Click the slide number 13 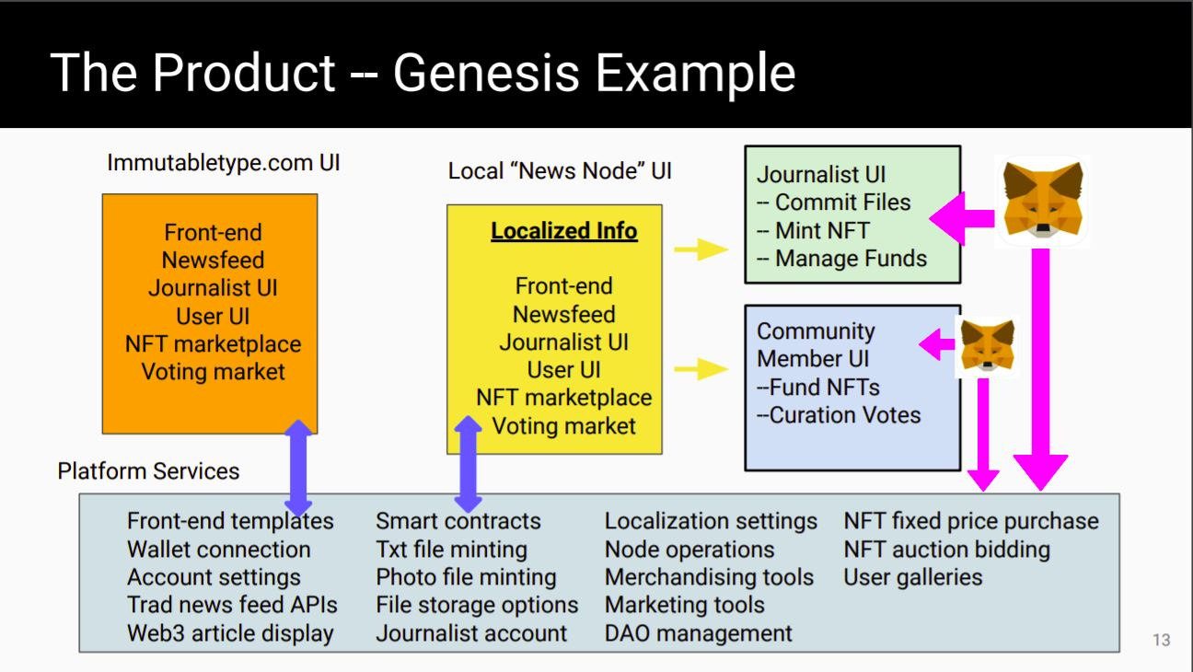1161,640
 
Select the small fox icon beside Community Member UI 987,346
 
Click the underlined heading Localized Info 563,231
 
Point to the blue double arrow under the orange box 298,468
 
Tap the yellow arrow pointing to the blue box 701,369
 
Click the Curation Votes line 839,415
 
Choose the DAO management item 698,633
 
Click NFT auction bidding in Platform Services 946,550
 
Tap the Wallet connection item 218,550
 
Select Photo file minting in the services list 466,577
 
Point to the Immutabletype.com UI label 224,163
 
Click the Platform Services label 148,471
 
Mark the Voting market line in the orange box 213,372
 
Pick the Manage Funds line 841,259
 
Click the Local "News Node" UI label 560,171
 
